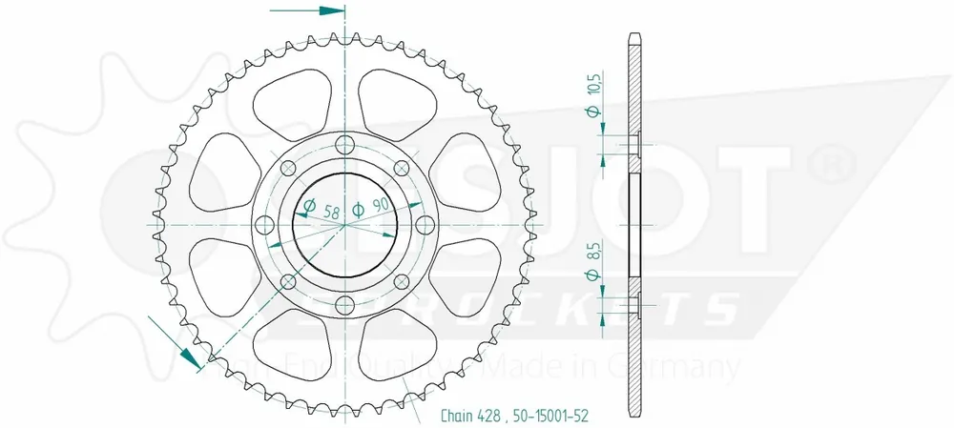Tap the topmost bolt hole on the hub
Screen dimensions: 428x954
click(345, 146)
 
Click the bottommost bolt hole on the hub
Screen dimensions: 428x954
click(345, 304)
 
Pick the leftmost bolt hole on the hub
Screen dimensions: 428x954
click(267, 225)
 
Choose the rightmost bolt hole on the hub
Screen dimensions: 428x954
click(425, 225)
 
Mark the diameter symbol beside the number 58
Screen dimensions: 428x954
click(310, 206)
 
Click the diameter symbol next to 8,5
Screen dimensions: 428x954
click(593, 276)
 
